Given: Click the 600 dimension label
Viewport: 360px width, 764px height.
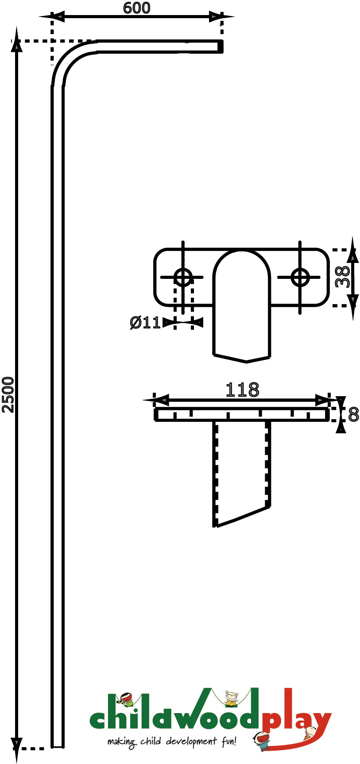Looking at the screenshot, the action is point(137,8).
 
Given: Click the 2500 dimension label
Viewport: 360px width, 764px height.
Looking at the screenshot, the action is point(8,395).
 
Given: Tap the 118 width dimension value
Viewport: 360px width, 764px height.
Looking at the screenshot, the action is point(242,390).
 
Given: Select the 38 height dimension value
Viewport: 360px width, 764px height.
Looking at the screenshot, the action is point(342,277).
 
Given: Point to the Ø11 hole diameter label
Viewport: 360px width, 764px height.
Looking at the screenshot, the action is point(145,323).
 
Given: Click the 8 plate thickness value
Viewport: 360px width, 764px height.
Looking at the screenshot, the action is point(353,415).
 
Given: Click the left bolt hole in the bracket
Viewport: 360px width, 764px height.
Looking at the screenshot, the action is point(183,278).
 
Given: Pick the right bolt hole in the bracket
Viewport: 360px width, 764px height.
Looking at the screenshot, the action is point(300,278).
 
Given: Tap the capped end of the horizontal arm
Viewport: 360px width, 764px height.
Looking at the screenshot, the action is point(220,46).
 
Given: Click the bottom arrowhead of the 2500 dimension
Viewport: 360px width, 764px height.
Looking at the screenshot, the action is point(16,749).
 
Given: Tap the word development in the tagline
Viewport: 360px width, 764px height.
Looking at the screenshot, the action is point(192,741).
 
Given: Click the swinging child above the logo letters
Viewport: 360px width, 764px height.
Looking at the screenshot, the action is point(231,698).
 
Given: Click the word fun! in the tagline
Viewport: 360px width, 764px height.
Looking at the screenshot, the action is point(228,740).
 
